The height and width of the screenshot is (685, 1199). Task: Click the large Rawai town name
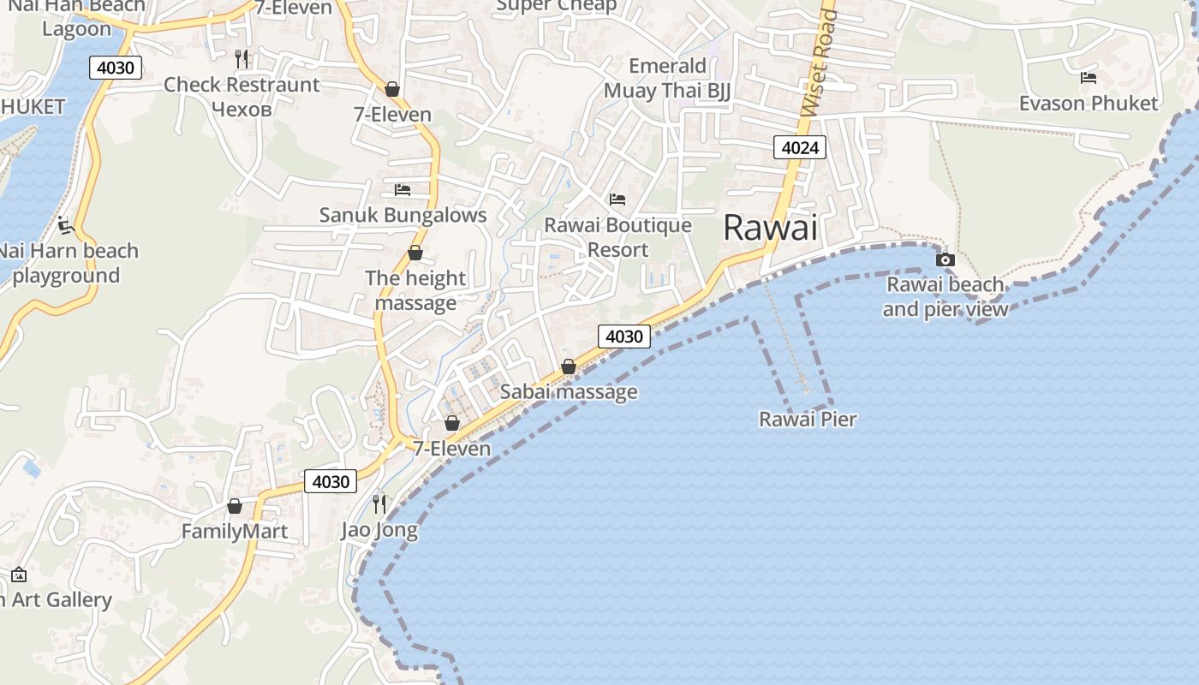coord(770,228)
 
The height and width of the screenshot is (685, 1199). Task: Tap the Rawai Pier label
coord(808,420)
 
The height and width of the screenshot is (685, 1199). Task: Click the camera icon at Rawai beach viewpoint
coord(945,259)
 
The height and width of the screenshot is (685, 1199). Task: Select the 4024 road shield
coord(801,148)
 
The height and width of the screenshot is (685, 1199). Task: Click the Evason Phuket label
coord(1088,104)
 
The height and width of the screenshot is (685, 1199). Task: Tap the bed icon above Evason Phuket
coord(1089,78)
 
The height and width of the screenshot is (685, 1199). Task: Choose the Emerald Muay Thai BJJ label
coord(667,79)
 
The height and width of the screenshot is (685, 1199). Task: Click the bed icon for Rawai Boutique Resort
coord(617,200)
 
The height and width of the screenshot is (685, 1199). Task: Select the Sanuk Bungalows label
coord(403,215)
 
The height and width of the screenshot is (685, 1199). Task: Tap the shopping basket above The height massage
coord(415,253)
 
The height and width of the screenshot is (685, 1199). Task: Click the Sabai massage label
coord(569,392)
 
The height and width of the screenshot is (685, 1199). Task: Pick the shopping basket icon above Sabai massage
coord(568,366)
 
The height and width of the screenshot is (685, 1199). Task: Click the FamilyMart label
coord(235,532)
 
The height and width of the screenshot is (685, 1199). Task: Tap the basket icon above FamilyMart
coord(235,506)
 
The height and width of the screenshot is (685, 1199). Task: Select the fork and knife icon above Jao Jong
coord(379,503)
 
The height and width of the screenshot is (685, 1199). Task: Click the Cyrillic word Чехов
coord(241,110)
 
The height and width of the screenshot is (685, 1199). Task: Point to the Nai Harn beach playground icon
coord(66,225)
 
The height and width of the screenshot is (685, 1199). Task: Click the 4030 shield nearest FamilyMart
coord(331,482)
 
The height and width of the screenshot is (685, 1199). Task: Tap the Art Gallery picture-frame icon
coord(19,575)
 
